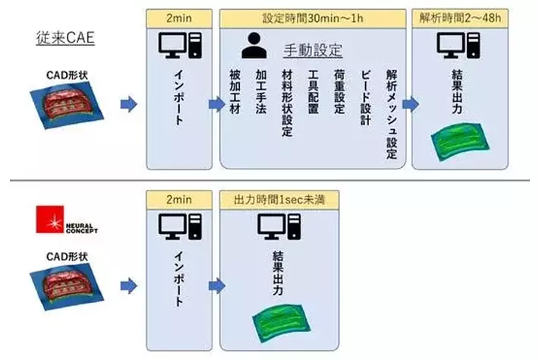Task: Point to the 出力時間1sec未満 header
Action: coord(278,199)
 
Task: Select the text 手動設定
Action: coord(312,51)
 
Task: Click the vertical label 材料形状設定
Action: coord(286,103)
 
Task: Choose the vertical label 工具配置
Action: coord(312,93)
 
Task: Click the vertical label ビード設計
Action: coord(364,93)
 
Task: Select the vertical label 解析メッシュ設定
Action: coord(391,113)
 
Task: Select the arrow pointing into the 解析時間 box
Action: coord(410,104)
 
